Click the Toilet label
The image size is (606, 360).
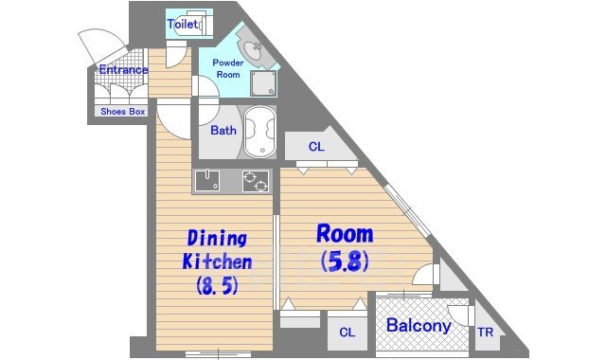[183, 25]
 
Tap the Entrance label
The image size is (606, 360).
[123, 70]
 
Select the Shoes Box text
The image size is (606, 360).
[123, 112]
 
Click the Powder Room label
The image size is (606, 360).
[228, 68]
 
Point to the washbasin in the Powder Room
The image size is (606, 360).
[253, 50]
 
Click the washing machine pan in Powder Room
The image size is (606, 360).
[263, 83]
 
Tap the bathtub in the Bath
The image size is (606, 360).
[260, 132]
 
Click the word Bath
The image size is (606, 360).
[223, 131]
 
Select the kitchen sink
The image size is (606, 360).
[207, 181]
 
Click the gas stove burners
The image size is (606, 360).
[256, 181]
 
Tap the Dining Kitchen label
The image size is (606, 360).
[217, 250]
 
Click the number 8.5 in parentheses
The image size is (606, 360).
[217, 286]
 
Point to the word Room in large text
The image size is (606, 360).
[345, 234]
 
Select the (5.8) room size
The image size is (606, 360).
[345, 261]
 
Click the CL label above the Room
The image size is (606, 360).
[316, 147]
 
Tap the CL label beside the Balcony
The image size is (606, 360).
[347, 333]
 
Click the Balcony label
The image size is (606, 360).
[419, 325]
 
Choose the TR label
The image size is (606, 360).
[485, 333]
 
